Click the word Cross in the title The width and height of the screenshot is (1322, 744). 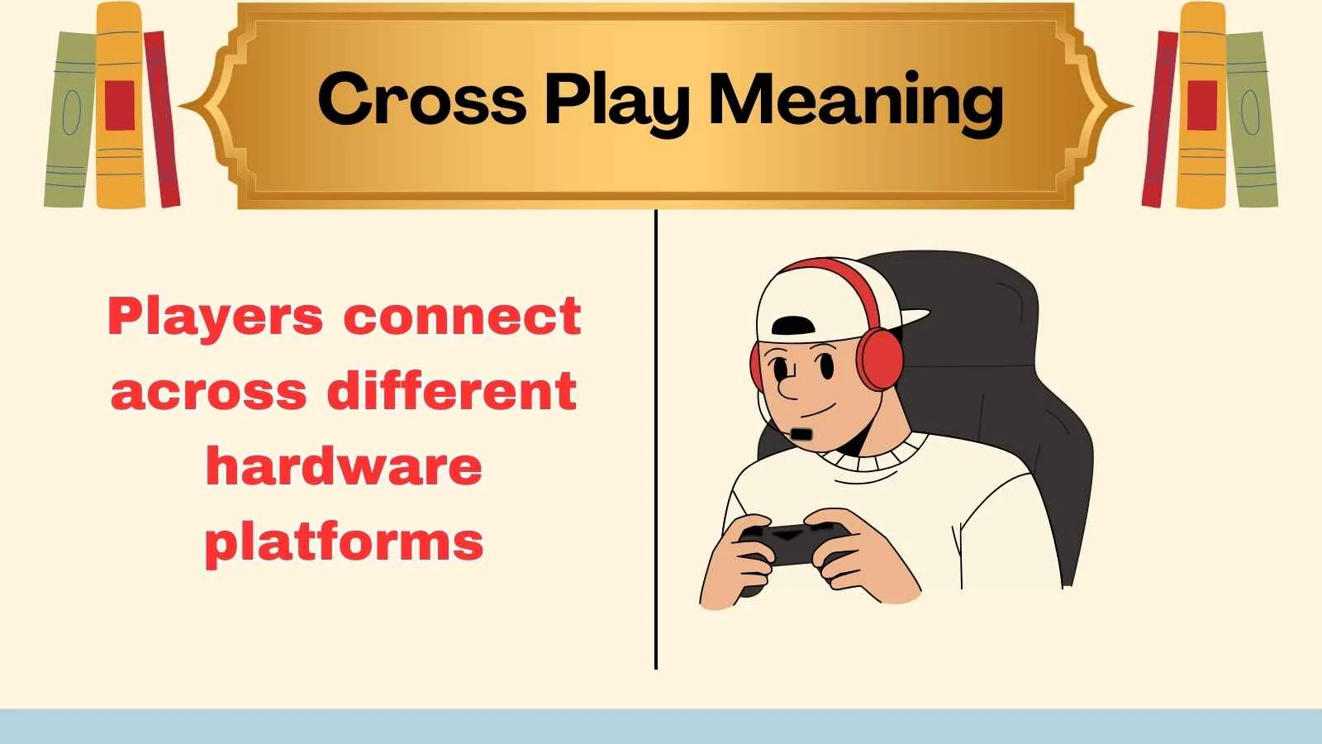[421, 99]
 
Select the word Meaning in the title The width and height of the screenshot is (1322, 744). [856, 102]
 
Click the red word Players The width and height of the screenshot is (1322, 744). [216, 317]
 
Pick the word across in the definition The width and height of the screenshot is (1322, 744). [208, 391]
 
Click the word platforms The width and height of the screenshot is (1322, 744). [344, 542]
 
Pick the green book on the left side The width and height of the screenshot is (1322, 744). [69, 120]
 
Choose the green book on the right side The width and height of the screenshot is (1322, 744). [1249, 120]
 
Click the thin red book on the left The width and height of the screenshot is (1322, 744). [162, 120]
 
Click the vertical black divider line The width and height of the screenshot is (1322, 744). [655, 438]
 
